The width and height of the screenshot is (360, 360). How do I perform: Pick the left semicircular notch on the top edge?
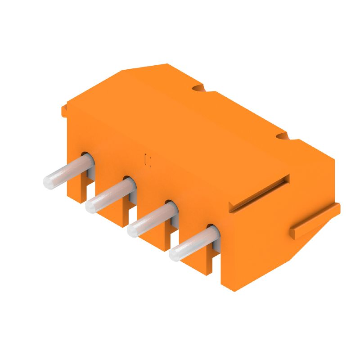pos(198,88)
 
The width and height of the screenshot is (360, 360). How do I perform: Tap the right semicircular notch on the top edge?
pos(282,135)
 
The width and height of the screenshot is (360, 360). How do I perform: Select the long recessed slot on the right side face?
pos(259,193)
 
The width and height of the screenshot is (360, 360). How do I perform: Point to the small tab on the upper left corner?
pos(64,110)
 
